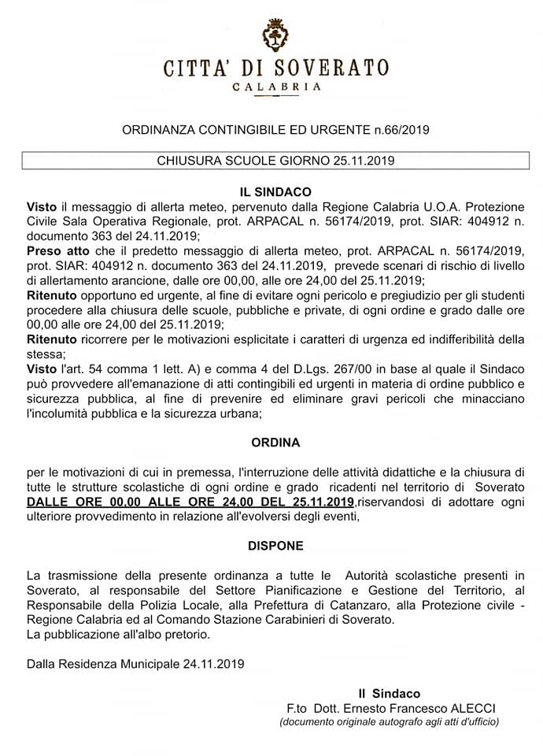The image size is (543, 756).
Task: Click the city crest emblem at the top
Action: tap(275, 35)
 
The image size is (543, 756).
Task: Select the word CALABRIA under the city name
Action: tap(276, 87)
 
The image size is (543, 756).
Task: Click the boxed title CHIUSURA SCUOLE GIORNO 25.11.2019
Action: tap(275, 161)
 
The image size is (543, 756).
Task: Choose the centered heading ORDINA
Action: tap(275, 443)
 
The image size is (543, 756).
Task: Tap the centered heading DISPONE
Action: tap(275, 545)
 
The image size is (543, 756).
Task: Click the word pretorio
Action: tap(188, 634)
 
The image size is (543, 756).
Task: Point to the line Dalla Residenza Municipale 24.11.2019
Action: tap(135, 664)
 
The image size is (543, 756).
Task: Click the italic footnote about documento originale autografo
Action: tap(389, 721)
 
